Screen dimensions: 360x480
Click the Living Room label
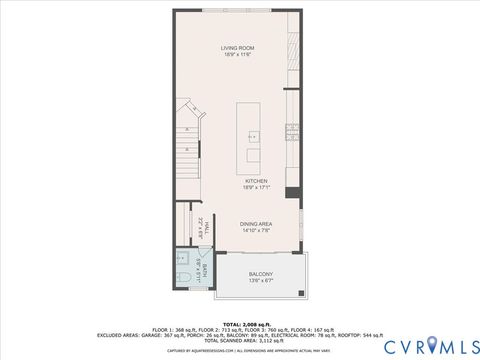click(238, 47)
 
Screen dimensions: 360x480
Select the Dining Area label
click(257, 224)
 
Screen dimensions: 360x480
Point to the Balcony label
click(261, 274)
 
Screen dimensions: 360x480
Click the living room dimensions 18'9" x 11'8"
click(238, 54)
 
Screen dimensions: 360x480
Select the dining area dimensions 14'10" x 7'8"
click(257, 231)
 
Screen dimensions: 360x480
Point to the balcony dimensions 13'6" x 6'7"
click(261, 281)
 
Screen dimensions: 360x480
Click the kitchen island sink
click(253, 134)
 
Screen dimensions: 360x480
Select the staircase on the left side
click(188, 150)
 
